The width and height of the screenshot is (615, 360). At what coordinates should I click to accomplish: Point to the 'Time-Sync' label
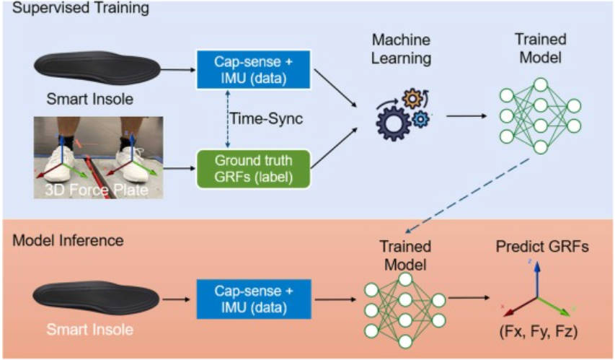(x=255, y=117)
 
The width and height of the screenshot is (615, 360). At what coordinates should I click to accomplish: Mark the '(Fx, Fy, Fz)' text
(x=536, y=333)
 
